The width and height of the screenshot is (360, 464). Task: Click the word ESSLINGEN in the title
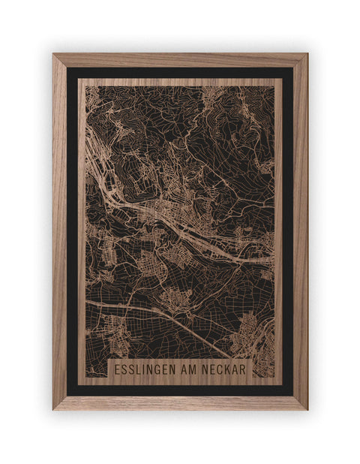tap(145, 371)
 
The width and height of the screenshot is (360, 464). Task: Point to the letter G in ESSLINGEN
tap(159, 371)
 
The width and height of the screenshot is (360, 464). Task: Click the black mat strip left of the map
tap(72, 225)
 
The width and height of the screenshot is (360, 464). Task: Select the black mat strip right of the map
tap(288, 225)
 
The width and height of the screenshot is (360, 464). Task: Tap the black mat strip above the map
tap(180, 72)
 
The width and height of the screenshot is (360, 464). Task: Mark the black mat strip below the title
tap(180, 390)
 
